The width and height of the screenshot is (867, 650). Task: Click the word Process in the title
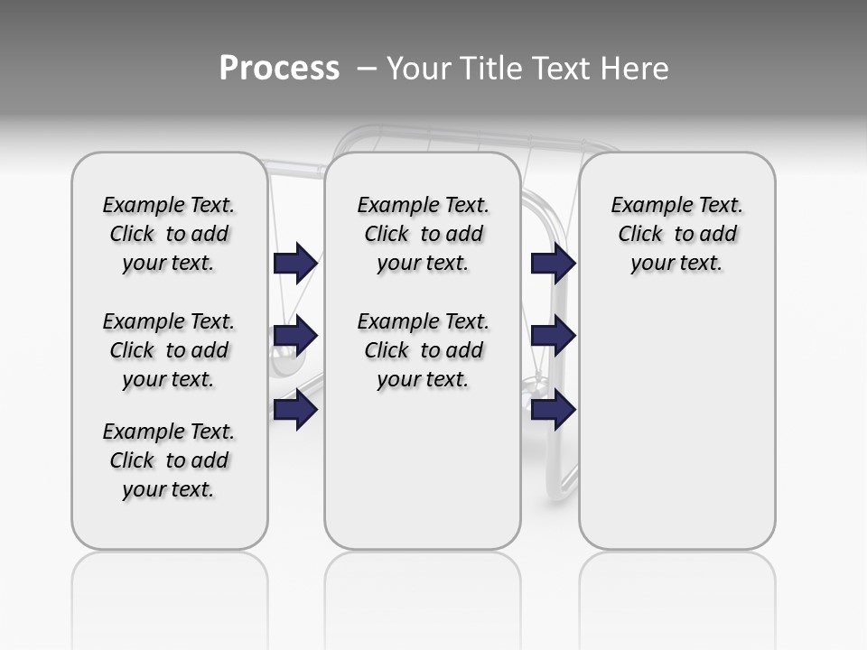pos(279,69)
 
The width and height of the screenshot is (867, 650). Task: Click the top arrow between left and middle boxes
pos(295,263)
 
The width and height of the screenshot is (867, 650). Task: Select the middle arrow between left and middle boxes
pos(295,336)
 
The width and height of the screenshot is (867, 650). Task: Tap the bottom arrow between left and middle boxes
pos(295,410)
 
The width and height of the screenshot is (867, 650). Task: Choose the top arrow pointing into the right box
pos(553,263)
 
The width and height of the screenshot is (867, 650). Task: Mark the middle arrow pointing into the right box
pos(553,336)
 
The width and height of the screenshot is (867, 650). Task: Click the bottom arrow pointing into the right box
pos(553,410)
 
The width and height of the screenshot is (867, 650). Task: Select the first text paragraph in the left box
pos(169,234)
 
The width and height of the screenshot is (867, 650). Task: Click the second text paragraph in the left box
pos(169,350)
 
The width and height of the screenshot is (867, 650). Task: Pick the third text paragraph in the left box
pos(169,460)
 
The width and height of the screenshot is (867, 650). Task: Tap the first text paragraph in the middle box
pos(423,234)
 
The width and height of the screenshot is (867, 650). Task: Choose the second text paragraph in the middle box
pos(423,350)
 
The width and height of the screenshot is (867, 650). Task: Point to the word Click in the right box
pos(641,234)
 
